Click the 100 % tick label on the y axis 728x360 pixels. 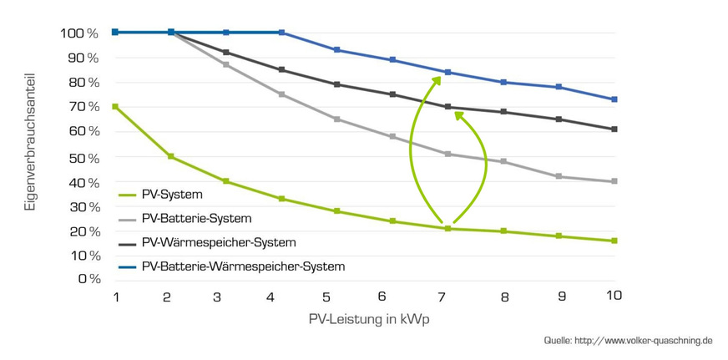click(79, 33)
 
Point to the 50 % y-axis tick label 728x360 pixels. click(82, 158)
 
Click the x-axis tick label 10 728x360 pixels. click(614, 297)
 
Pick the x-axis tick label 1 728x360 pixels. click(115, 297)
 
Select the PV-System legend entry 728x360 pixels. click(173, 195)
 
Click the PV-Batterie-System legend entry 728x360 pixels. click(196, 218)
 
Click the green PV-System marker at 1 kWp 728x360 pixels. click(114, 106)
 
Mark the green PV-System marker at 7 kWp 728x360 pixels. click(448, 228)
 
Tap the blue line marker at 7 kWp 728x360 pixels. click(448, 72)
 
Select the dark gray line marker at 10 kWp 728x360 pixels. click(614, 129)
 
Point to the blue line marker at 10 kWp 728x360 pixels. click(614, 99)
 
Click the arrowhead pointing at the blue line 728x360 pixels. click(437, 79)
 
